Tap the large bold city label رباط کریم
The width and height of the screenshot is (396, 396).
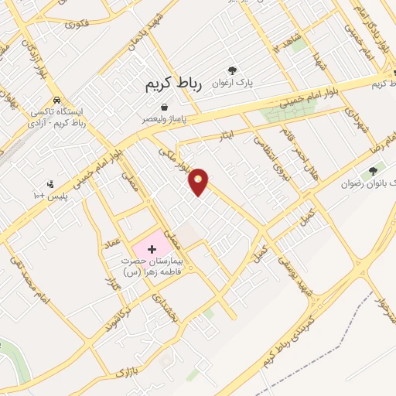pyautogui.click(x=172, y=84)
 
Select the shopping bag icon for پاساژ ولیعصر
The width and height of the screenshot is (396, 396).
pyautogui.click(x=164, y=107)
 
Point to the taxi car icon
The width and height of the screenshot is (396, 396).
pyautogui.click(x=57, y=101)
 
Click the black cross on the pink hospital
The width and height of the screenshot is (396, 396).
pyautogui.click(x=152, y=249)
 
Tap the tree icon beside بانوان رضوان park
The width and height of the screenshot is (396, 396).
pyautogui.click(x=374, y=170)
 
